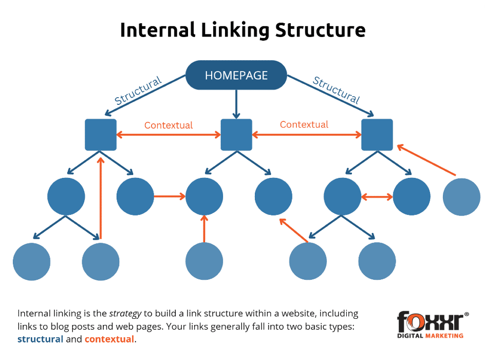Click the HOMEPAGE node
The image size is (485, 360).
pyautogui.click(x=236, y=75)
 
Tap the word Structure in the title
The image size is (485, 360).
pyautogui.click(x=320, y=30)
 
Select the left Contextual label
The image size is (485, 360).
pyautogui.click(x=169, y=125)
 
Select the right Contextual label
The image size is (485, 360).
pyautogui.click(x=304, y=124)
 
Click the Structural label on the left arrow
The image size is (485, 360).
pyautogui.click(x=138, y=91)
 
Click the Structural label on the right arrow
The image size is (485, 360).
pyautogui.click(x=336, y=90)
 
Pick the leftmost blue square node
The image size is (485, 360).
pyautogui.click(x=101, y=135)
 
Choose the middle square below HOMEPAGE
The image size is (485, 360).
pyautogui.click(x=236, y=135)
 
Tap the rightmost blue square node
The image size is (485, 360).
pyautogui.click(x=377, y=135)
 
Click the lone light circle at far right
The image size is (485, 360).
pyautogui.click(x=461, y=196)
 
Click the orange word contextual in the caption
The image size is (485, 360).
pyautogui.click(x=109, y=339)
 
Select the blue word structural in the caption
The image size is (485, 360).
pyautogui.click(x=41, y=339)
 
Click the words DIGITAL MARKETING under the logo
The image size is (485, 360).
pyautogui.click(x=431, y=336)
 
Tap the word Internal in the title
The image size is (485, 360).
pyautogui.click(x=157, y=30)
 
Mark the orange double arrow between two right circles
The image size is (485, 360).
pyautogui.click(x=377, y=196)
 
